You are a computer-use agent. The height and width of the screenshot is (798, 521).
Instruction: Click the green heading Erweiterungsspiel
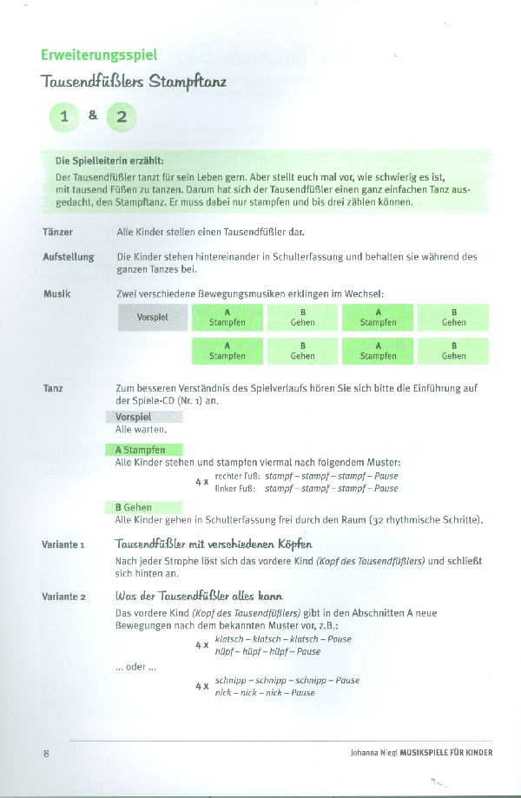pos(99,54)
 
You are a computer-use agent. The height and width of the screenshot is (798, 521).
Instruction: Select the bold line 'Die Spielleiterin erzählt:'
pos(109,161)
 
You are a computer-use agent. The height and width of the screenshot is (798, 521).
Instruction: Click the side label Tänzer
pos(57,233)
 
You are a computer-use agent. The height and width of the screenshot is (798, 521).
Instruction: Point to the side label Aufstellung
pos(68,258)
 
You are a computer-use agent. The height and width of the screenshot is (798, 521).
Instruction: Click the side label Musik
pos(56,294)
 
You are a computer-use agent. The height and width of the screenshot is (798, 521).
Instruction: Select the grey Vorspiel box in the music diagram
pos(153,317)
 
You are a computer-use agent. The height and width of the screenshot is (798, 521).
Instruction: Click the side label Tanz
pos(53,388)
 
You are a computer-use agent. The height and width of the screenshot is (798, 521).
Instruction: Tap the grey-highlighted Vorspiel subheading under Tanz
pos(133,418)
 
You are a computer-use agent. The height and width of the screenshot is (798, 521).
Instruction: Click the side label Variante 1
pos(63,545)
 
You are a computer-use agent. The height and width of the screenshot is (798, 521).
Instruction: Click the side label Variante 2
pos(63,597)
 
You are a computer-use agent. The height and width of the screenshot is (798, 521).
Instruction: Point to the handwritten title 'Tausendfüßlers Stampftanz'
pos(133,84)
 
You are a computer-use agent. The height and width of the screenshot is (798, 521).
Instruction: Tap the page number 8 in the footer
pos(46,753)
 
